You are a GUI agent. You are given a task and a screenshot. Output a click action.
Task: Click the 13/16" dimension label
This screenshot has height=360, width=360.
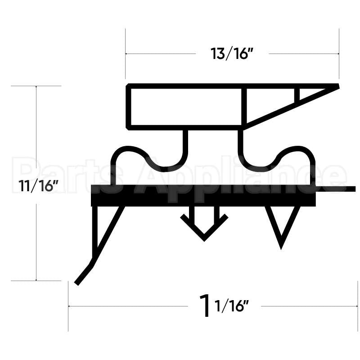click(232, 54)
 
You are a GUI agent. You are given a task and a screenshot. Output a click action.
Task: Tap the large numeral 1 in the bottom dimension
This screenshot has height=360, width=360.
click(205, 306)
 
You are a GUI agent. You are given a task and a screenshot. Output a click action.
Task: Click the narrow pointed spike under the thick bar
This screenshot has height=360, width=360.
click(281, 227)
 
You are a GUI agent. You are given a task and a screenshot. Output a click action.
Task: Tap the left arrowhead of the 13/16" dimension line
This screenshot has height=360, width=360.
click(127, 54)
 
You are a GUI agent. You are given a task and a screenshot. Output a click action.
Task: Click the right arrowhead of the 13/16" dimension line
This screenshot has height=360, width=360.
click(337, 54)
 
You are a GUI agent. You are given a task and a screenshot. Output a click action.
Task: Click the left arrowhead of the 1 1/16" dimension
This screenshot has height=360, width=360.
click(70, 306)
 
